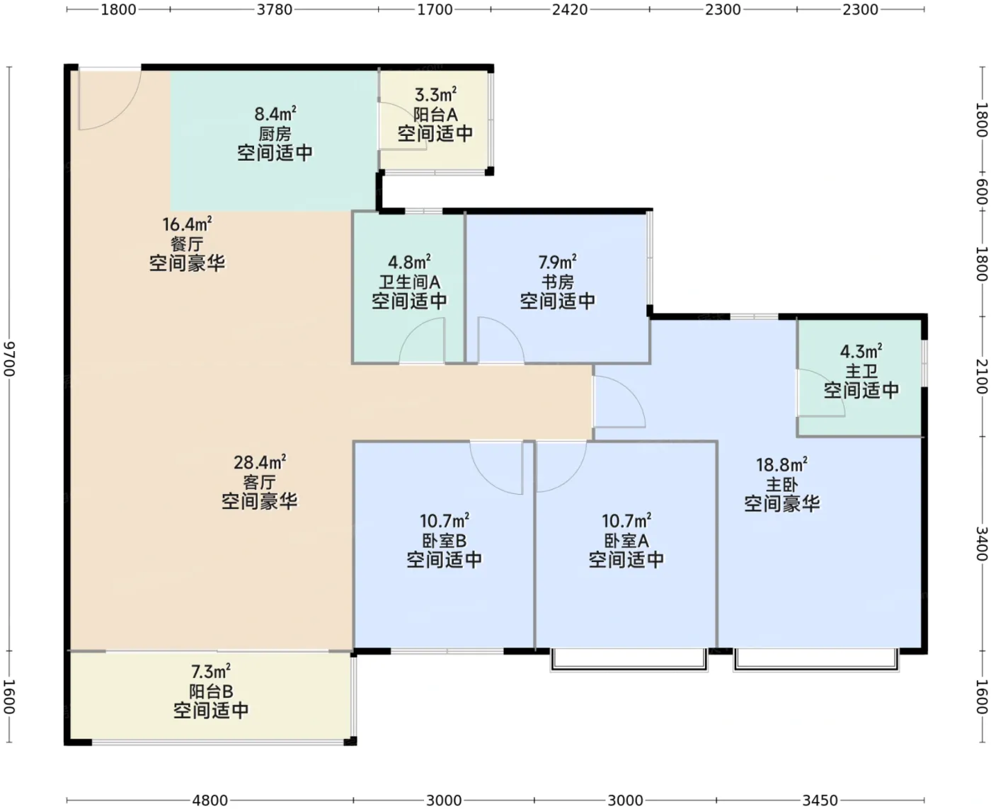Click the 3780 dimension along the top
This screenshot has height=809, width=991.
point(275,9)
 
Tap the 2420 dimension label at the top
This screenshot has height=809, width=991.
point(570,9)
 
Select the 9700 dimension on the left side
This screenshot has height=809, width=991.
point(10,359)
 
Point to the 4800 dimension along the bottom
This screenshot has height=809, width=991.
point(210,800)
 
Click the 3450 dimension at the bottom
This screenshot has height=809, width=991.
point(820,800)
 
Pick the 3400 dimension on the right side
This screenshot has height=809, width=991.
point(982,544)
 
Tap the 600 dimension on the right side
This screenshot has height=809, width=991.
point(982,192)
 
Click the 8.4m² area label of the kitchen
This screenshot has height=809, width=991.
point(275,114)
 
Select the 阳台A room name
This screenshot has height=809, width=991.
point(435,115)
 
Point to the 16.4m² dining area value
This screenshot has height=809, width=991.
point(187,224)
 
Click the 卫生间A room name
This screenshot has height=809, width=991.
point(409,282)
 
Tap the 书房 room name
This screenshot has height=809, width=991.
point(558,282)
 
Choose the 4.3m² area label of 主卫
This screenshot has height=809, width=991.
point(861,351)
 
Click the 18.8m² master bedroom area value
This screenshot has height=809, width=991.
point(782,464)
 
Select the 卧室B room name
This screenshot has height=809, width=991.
point(444,541)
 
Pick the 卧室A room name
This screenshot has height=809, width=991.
point(626,541)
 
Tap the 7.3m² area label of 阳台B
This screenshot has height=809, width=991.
point(211,672)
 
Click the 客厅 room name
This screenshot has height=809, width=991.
point(259,483)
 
